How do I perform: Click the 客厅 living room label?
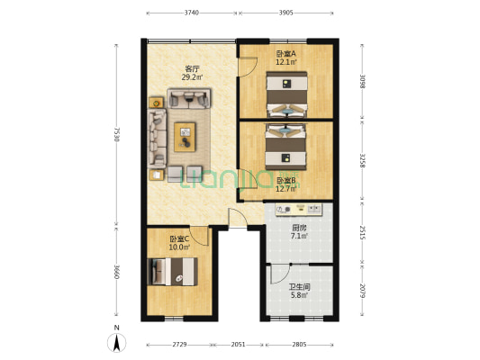click(x=192, y=68)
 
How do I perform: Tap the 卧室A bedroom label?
click(x=286, y=54)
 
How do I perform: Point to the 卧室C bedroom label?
click(x=179, y=238)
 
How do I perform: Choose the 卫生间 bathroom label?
click(x=300, y=288)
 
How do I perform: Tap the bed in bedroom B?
click(x=288, y=147)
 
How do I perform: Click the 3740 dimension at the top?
click(x=191, y=13)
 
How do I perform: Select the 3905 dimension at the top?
click(x=285, y=13)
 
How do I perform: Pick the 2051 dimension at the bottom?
click(x=238, y=345)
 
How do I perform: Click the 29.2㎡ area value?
click(x=193, y=77)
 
